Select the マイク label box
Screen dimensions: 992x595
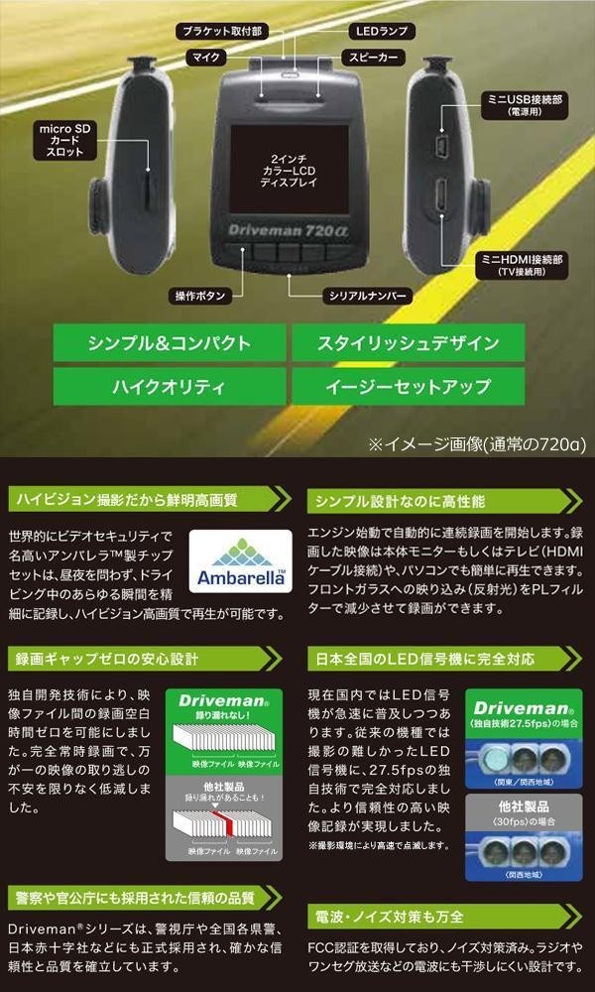coord(207,58)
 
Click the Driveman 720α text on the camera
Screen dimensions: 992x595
coord(285,225)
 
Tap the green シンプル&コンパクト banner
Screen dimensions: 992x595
coord(169,344)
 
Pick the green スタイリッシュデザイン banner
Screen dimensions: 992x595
coord(408,344)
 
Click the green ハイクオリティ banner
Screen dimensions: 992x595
coord(169,387)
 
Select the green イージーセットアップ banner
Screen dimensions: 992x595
coord(408,387)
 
